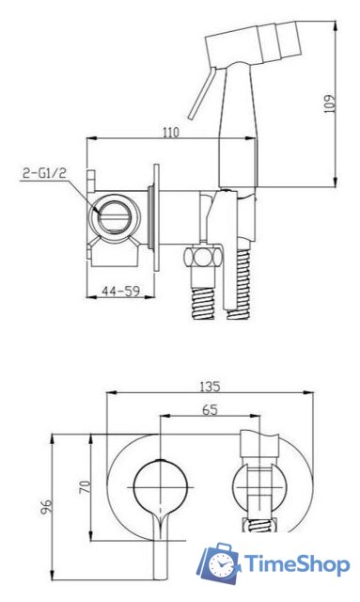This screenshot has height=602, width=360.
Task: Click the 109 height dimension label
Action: coord(330,103)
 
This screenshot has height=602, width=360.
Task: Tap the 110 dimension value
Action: coord(171,133)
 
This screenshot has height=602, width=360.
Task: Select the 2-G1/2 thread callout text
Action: coord(44,173)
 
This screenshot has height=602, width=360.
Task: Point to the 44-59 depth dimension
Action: coord(120,291)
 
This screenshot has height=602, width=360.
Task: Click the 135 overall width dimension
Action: coord(210,387)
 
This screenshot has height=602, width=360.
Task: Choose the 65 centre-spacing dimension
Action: coord(210,410)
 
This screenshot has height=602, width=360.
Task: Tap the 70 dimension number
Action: coord(86,487)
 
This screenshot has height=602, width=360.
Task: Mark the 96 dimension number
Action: coord(46,507)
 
